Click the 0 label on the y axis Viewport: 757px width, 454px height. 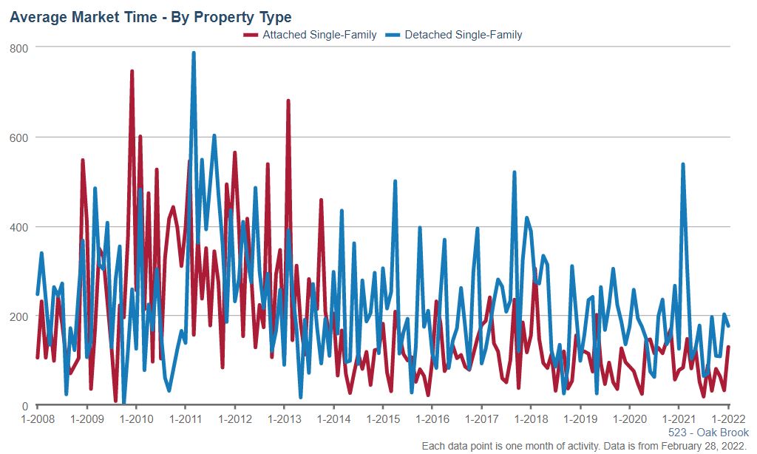(x=25, y=406)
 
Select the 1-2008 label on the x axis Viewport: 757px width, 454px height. (x=38, y=419)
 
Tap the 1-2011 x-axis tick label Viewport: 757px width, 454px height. (x=186, y=419)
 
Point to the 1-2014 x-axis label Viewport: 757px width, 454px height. (x=333, y=419)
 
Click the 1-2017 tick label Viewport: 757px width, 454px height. (x=481, y=419)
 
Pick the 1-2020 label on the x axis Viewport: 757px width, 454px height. (x=629, y=419)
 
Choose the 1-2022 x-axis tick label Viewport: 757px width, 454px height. (x=728, y=419)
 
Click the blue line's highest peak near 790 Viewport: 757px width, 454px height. (x=194, y=53)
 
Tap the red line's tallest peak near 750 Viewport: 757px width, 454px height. (x=132, y=72)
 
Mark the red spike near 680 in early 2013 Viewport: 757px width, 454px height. (x=288, y=101)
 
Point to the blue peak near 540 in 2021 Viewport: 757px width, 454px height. (x=683, y=164)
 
